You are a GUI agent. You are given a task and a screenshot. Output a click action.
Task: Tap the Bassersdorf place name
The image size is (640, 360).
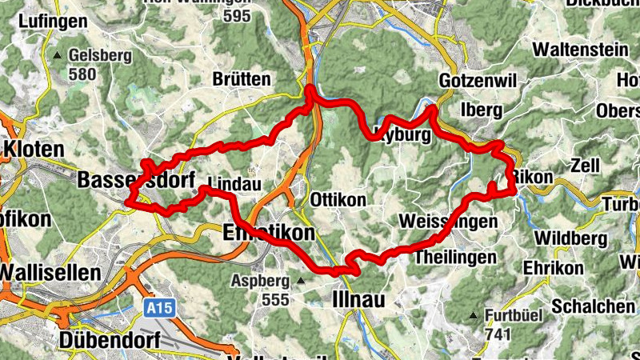(136, 182)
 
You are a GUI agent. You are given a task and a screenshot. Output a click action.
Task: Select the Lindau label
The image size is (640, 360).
(234, 183)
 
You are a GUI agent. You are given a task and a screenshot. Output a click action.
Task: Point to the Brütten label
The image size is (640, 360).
(242, 80)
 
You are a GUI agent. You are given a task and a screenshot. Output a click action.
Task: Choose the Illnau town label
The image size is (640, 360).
(358, 299)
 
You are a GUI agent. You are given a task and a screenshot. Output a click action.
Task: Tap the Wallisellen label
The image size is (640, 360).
(50, 272)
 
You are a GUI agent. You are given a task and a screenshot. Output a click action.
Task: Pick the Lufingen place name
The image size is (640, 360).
(50, 22)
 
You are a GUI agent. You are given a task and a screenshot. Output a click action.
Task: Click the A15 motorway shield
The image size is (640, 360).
(160, 306)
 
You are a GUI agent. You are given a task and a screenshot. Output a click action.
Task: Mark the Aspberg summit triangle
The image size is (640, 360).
(301, 281)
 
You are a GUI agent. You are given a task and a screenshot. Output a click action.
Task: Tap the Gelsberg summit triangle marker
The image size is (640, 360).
(58, 56)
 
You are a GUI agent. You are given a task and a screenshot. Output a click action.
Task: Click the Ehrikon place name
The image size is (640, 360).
(554, 267)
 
